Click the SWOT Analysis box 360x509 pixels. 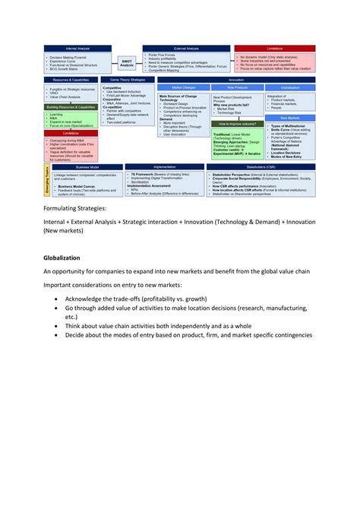point(126,63)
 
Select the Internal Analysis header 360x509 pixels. point(76,49)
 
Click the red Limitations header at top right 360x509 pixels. point(275,49)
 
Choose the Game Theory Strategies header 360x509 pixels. point(127,79)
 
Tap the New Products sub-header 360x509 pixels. point(237,87)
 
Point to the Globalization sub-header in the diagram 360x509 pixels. point(289,87)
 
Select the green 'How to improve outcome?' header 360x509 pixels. point(237,123)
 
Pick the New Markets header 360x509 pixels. point(289,118)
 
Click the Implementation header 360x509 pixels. point(164,166)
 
